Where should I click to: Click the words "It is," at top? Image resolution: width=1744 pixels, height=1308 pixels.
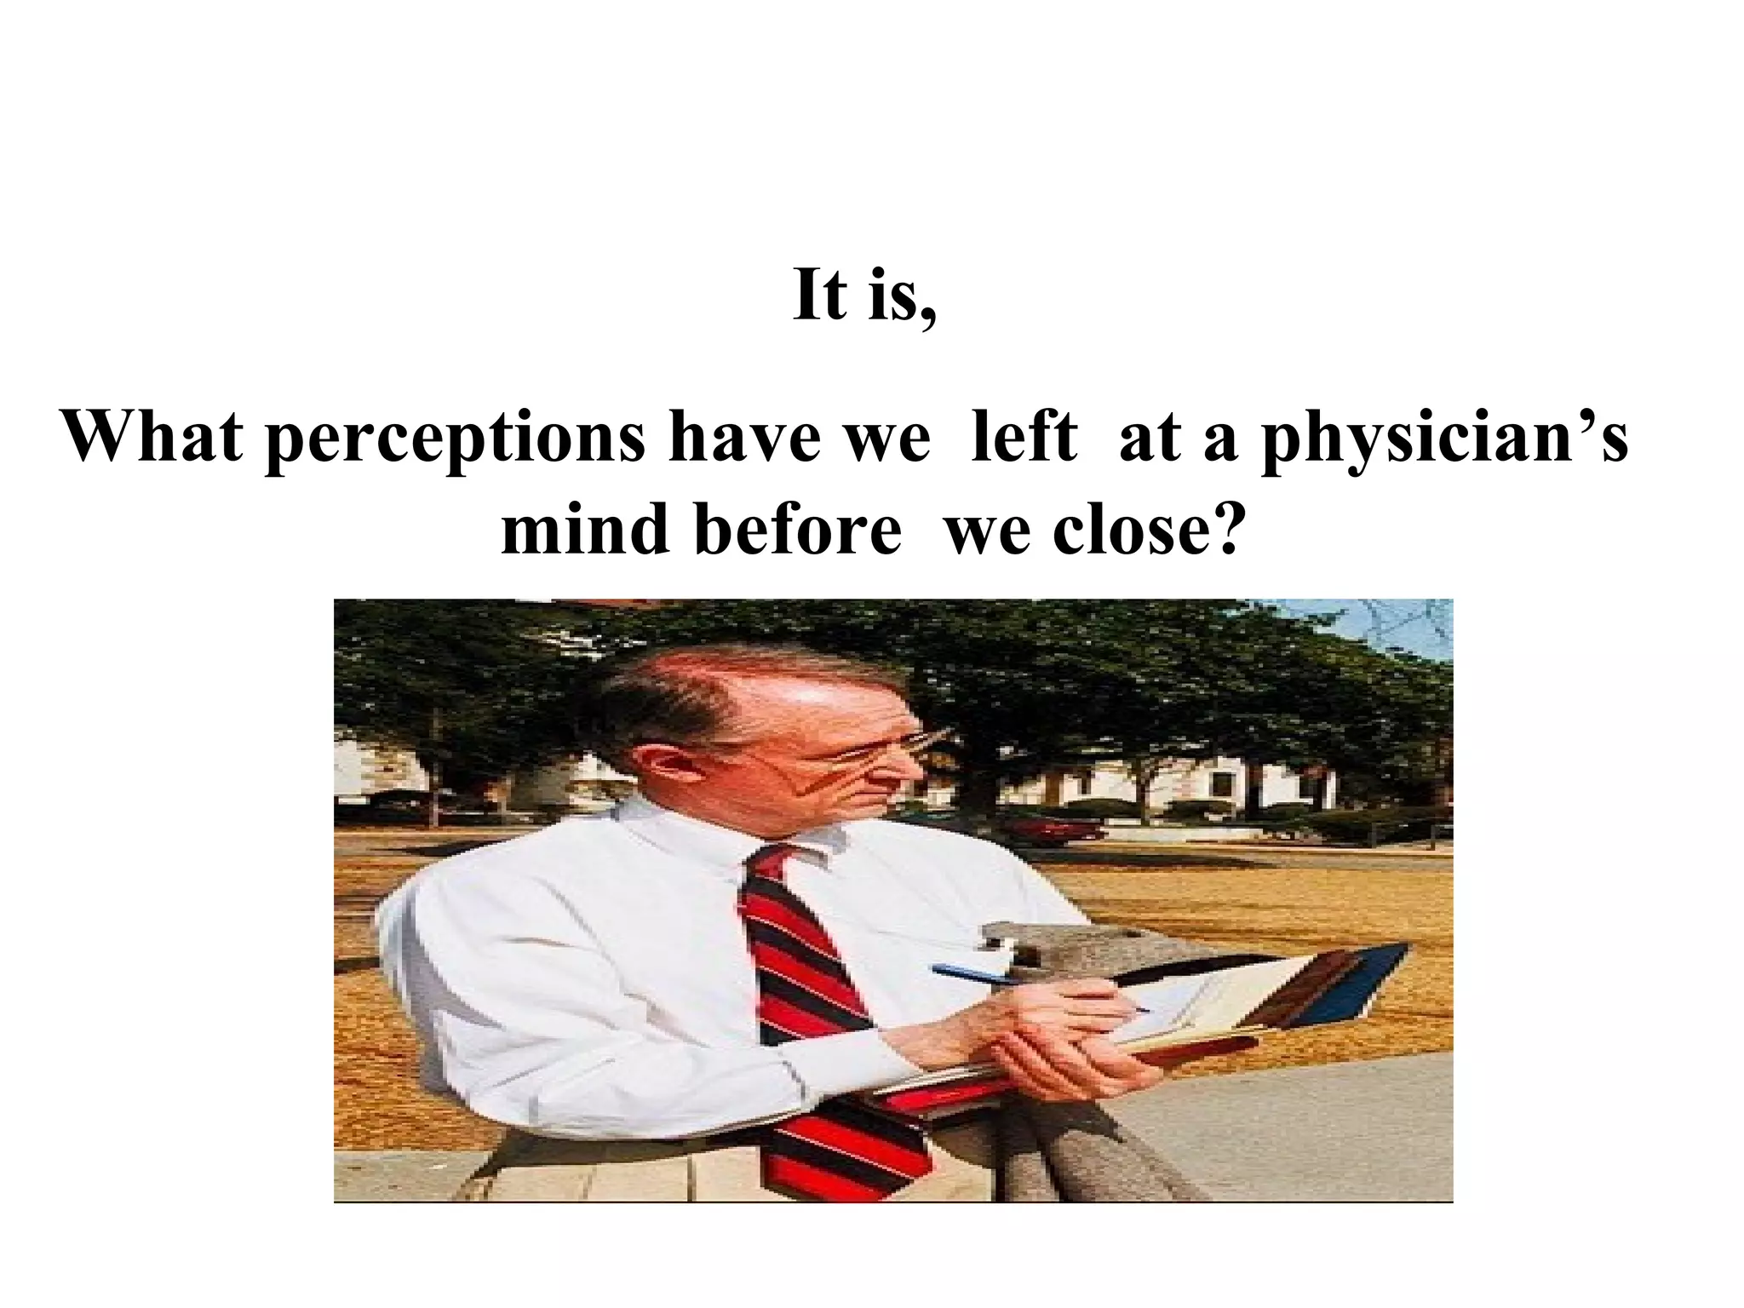pos(864,296)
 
